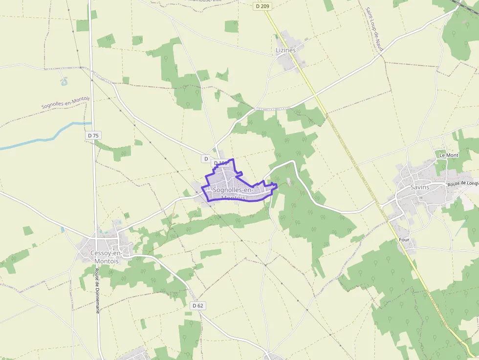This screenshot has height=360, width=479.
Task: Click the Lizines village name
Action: pos(286,50)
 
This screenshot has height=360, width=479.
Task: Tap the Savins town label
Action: pos(420,187)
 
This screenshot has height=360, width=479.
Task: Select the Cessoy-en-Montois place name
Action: pos(105,256)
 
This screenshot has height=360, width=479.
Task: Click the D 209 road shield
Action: pos(262,6)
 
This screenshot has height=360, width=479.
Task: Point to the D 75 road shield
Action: pos(93,135)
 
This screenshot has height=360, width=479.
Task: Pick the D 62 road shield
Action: pos(197,305)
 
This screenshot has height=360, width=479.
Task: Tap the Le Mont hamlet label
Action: pos(449,155)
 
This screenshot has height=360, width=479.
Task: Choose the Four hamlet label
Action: pos(404,240)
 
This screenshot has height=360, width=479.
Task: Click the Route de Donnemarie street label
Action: pos(97,291)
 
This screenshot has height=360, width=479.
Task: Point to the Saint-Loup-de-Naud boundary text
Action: pos(374,29)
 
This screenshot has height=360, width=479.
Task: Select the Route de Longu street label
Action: pos(462,184)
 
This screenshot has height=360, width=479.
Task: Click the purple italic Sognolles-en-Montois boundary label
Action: pos(65,102)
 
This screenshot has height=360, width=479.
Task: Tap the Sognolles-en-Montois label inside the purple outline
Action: pos(233,193)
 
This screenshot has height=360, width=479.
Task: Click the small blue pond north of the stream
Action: pos(64,82)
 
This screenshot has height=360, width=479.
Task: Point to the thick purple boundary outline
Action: pos(235,200)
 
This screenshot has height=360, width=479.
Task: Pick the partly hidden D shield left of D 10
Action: pos(206,159)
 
